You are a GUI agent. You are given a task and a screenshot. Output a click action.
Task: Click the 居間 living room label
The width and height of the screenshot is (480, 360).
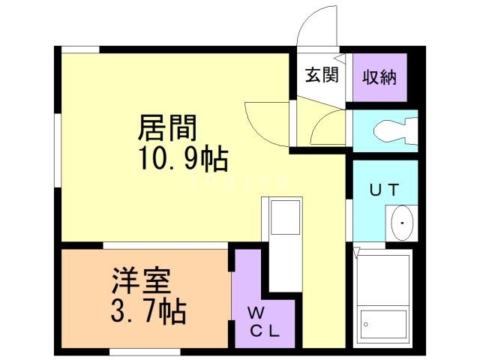[166, 128]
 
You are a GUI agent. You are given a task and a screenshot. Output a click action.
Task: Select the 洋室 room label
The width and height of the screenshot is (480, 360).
[142, 280]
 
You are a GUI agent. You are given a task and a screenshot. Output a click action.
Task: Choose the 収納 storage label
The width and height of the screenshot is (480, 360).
[379, 76]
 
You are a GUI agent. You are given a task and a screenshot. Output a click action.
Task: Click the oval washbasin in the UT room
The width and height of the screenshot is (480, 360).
[402, 223]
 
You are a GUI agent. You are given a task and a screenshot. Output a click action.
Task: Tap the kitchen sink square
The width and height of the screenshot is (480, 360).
[284, 217]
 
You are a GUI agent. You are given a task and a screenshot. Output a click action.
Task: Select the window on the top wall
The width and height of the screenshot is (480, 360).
[79, 49]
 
